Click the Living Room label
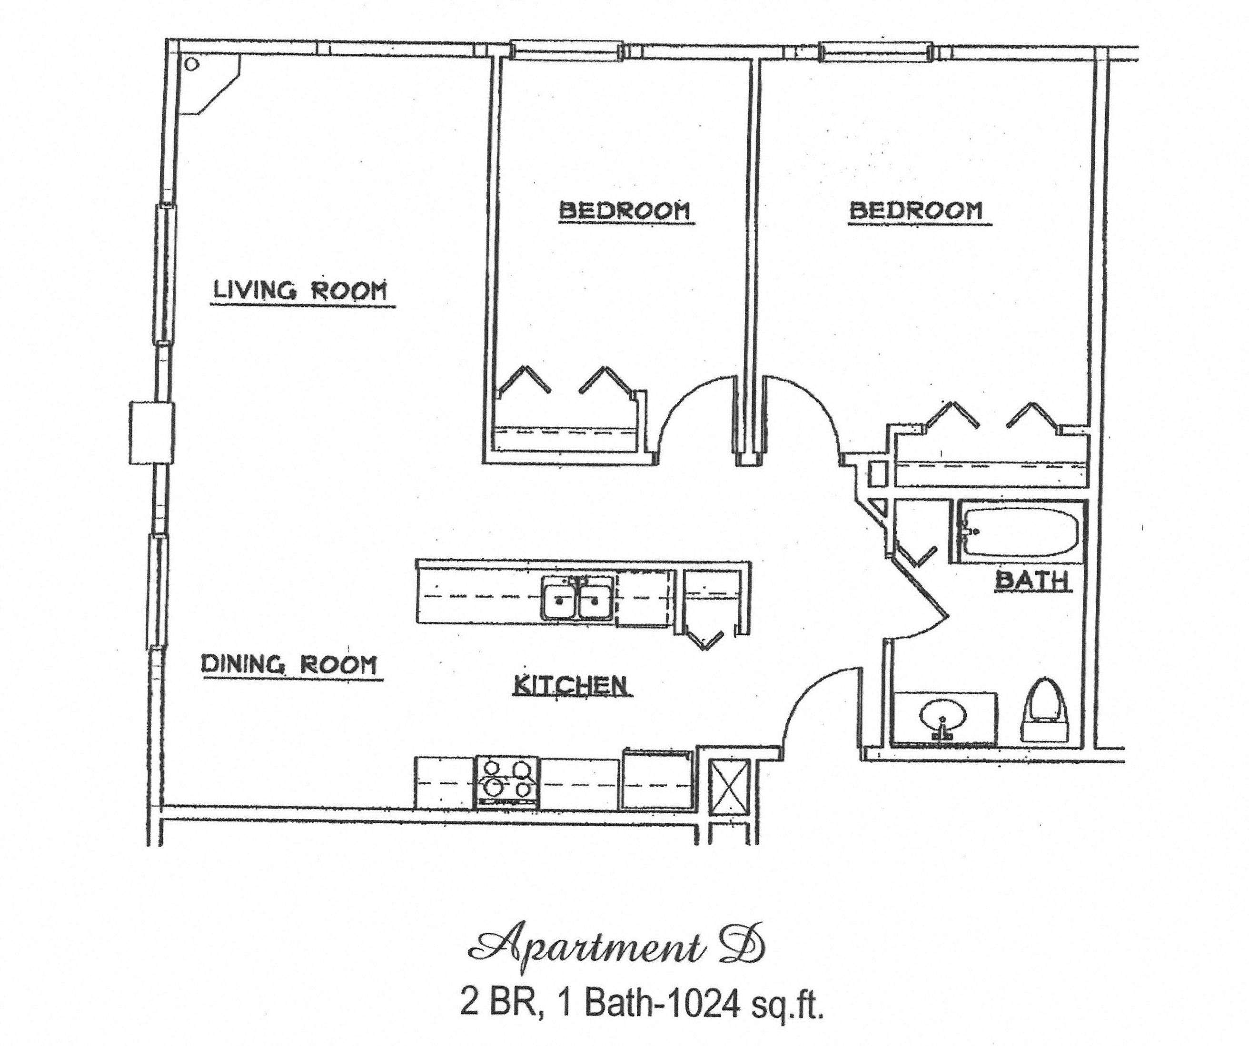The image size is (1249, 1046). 300,291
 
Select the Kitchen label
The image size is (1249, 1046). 570,685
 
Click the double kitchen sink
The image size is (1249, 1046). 577,598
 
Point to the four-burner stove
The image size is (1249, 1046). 507,782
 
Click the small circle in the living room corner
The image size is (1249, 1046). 191,65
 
